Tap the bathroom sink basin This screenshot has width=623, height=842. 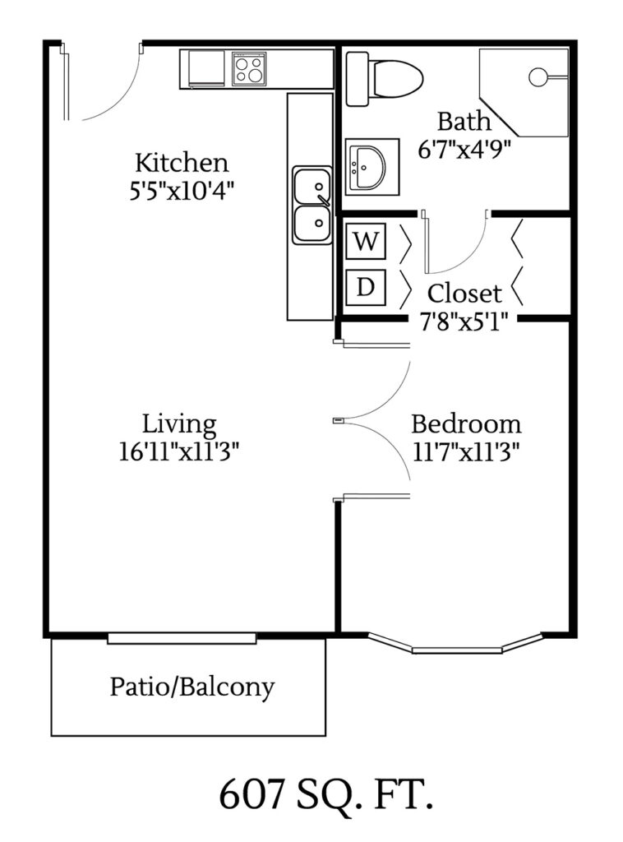tap(366, 167)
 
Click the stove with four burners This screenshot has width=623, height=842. tap(249, 68)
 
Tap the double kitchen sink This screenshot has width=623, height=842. tap(312, 206)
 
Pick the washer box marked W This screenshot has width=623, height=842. tap(367, 242)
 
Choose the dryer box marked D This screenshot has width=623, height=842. tap(367, 287)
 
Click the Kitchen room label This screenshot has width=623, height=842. tap(182, 161)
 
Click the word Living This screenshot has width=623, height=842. tap(179, 424)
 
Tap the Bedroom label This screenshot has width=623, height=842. tap(465, 424)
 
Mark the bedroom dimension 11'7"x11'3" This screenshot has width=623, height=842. tap(465, 451)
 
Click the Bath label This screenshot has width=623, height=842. tap(464, 122)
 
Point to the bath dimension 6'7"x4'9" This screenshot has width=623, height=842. tap(464, 149)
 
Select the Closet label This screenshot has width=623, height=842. tap(464, 293)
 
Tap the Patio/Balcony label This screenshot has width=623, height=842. tap(192, 687)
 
